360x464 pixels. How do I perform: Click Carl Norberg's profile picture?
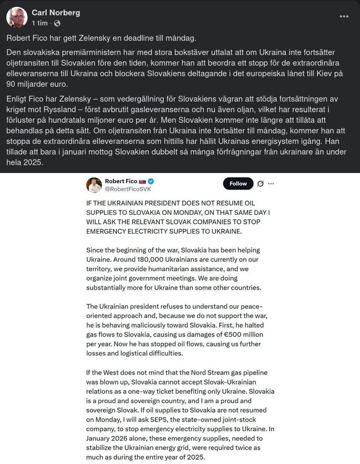[x=17, y=17]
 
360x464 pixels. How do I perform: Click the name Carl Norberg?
[x=56, y=13]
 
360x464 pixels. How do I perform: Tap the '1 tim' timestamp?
[x=40, y=23]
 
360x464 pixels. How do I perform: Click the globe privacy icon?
[x=57, y=23]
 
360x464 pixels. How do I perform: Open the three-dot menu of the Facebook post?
[x=344, y=16]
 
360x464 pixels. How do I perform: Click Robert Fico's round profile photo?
[x=94, y=185]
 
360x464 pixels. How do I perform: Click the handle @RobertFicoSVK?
[x=128, y=189]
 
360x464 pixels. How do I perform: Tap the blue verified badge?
[x=150, y=181]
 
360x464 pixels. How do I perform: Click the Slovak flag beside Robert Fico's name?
[x=142, y=181]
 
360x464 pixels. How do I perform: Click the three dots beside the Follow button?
[x=271, y=184]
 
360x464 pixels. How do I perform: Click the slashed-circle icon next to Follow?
[x=260, y=184]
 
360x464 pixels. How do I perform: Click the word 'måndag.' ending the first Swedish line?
[x=181, y=38]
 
